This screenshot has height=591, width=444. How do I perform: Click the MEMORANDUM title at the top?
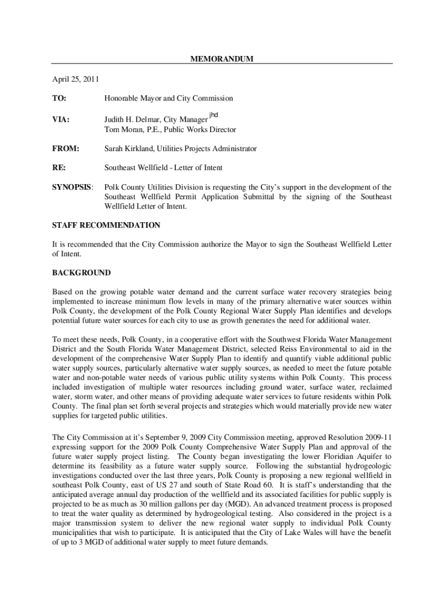coord(222,59)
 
